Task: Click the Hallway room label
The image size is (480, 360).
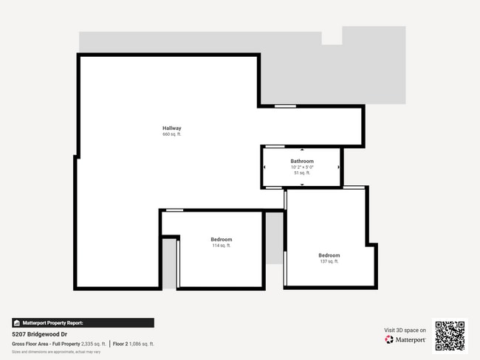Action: pos(172,128)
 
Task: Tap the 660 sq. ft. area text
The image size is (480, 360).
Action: pos(172,134)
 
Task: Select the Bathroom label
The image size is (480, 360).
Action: pos(302,161)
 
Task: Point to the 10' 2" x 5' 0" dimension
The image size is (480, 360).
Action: pos(302,167)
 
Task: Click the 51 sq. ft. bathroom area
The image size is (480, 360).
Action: pos(302,173)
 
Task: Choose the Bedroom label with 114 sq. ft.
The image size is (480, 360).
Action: pos(222,240)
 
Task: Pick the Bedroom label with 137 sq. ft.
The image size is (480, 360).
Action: pos(329,255)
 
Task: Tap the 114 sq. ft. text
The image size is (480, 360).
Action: pos(222,246)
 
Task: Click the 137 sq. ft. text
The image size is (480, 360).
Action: pos(329,261)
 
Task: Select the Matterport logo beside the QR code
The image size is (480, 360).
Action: pos(405,340)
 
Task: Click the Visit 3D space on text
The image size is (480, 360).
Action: pos(405,330)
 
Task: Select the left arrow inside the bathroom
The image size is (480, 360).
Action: pos(264,167)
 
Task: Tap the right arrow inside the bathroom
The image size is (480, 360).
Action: pos(339,167)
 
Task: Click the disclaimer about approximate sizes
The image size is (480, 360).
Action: pos(56,352)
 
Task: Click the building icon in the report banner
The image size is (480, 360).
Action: pos(17,323)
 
